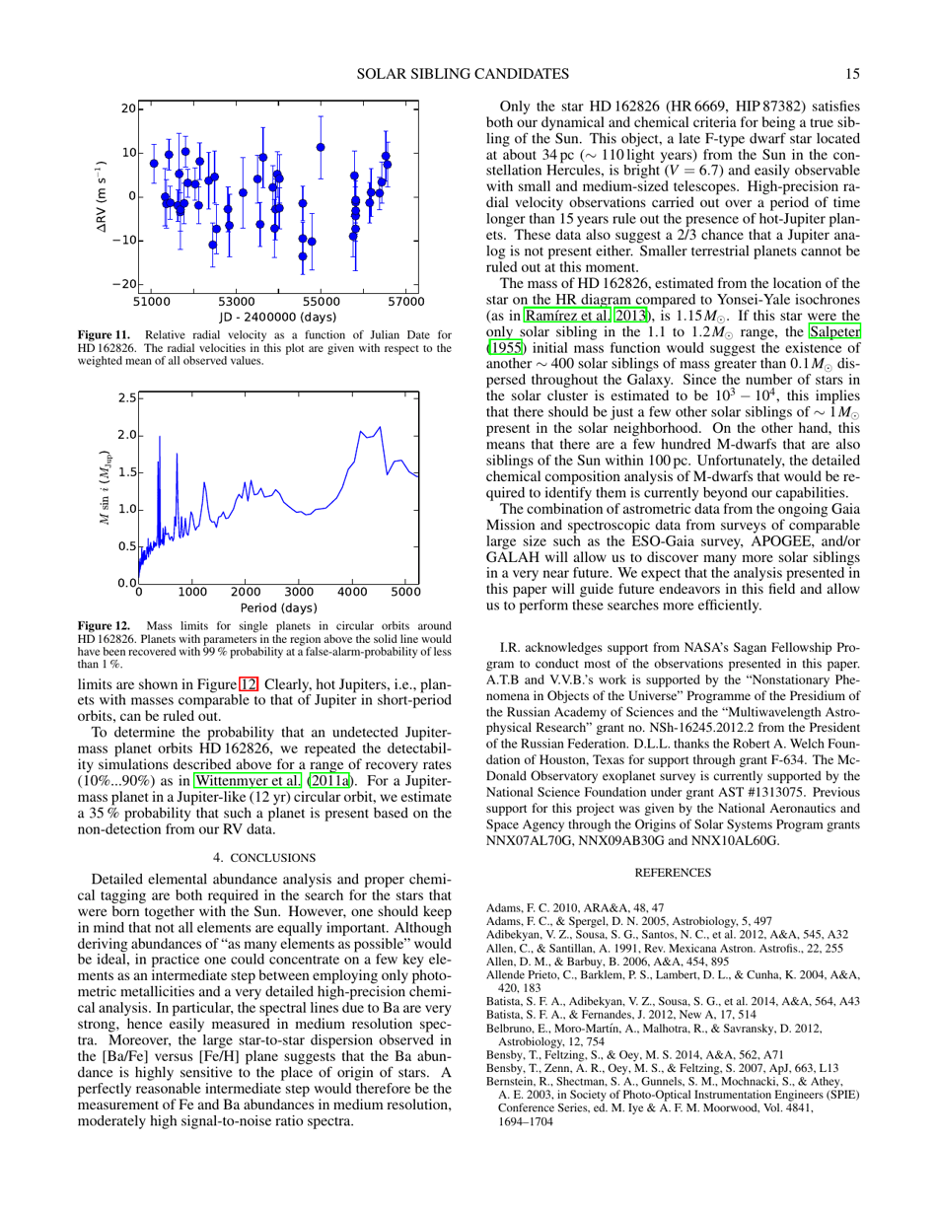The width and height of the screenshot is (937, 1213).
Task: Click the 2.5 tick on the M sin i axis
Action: click(x=124, y=398)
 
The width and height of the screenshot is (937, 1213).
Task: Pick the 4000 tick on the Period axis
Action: click(x=352, y=593)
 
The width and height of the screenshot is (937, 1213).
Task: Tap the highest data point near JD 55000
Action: click(x=321, y=147)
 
